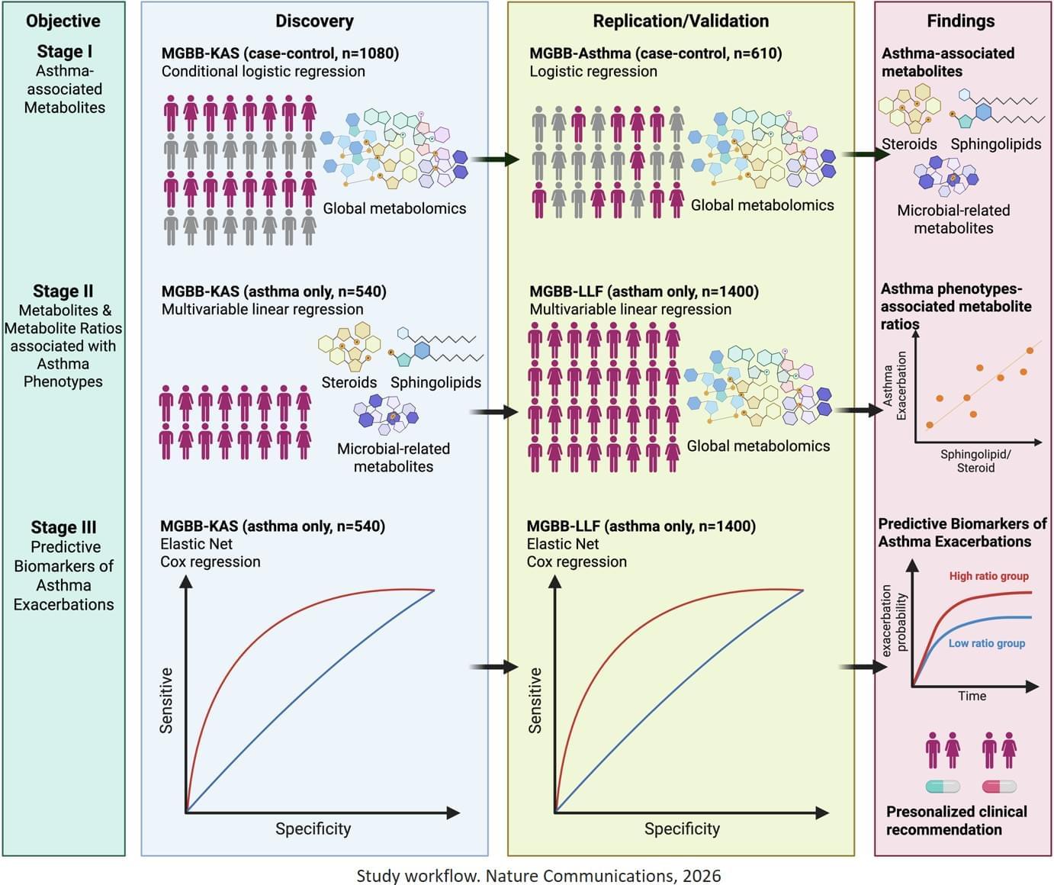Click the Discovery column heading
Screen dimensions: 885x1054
pos(314,21)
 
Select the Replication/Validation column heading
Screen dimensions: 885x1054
pos(680,21)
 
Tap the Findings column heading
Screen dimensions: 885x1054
pos(960,21)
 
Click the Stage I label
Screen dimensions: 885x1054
pos(64,52)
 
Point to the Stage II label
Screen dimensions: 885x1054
pos(63,291)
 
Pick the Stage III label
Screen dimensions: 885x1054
pos(63,527)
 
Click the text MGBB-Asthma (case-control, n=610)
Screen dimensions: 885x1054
pos(655,53)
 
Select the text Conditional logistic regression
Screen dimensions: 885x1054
pos(263,72)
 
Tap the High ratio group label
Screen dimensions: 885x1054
pos(988,576)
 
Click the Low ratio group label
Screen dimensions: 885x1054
pos(986,643)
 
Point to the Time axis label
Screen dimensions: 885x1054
pos(972,696)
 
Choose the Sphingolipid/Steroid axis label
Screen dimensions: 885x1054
pos(975,461)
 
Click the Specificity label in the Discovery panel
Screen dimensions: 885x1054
pos(313,829)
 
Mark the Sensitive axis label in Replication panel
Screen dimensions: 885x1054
pos(535,700)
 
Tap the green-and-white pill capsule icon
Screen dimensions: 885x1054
pos(943,787)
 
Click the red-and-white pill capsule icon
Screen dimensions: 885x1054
pos(999,787)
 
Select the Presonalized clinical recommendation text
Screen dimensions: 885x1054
pos(956,821)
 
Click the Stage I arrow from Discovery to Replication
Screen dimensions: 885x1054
pos(493,159)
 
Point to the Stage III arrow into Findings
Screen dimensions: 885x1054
pos(863,668)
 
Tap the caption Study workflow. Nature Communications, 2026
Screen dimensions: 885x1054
pos(538,875)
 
